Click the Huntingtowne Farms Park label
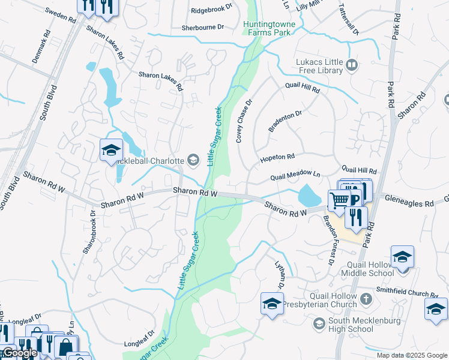pyautogui.click(x=269, y=28)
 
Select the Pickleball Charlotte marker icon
pyautogui.click(x=193, y=160)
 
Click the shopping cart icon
pyautogui.click(x=339, y=200)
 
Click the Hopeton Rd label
pyautogui.click(x=277, y=158)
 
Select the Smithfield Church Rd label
pyautogui.click(x=408, y=293)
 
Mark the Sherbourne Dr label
pyautogui.click(x=203, y=28)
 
